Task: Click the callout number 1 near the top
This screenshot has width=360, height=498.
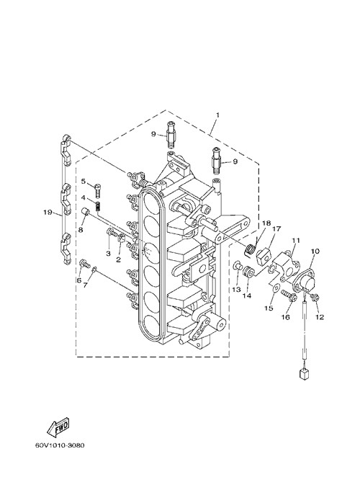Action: click(x=217, y=115)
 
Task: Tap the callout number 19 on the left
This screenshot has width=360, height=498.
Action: click(x=48, y=212)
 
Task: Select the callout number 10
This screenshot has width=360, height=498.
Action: click(x=315, y=252)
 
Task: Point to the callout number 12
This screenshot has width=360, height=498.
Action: click(x=320, y=317)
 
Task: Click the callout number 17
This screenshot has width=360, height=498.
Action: click(x=276, y=228)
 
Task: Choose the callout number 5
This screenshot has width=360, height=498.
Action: click(x=84, y=182)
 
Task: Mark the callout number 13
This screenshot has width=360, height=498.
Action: click(x=237, y=289)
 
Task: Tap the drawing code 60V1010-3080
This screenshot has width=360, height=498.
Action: click(x=60, y=445)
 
